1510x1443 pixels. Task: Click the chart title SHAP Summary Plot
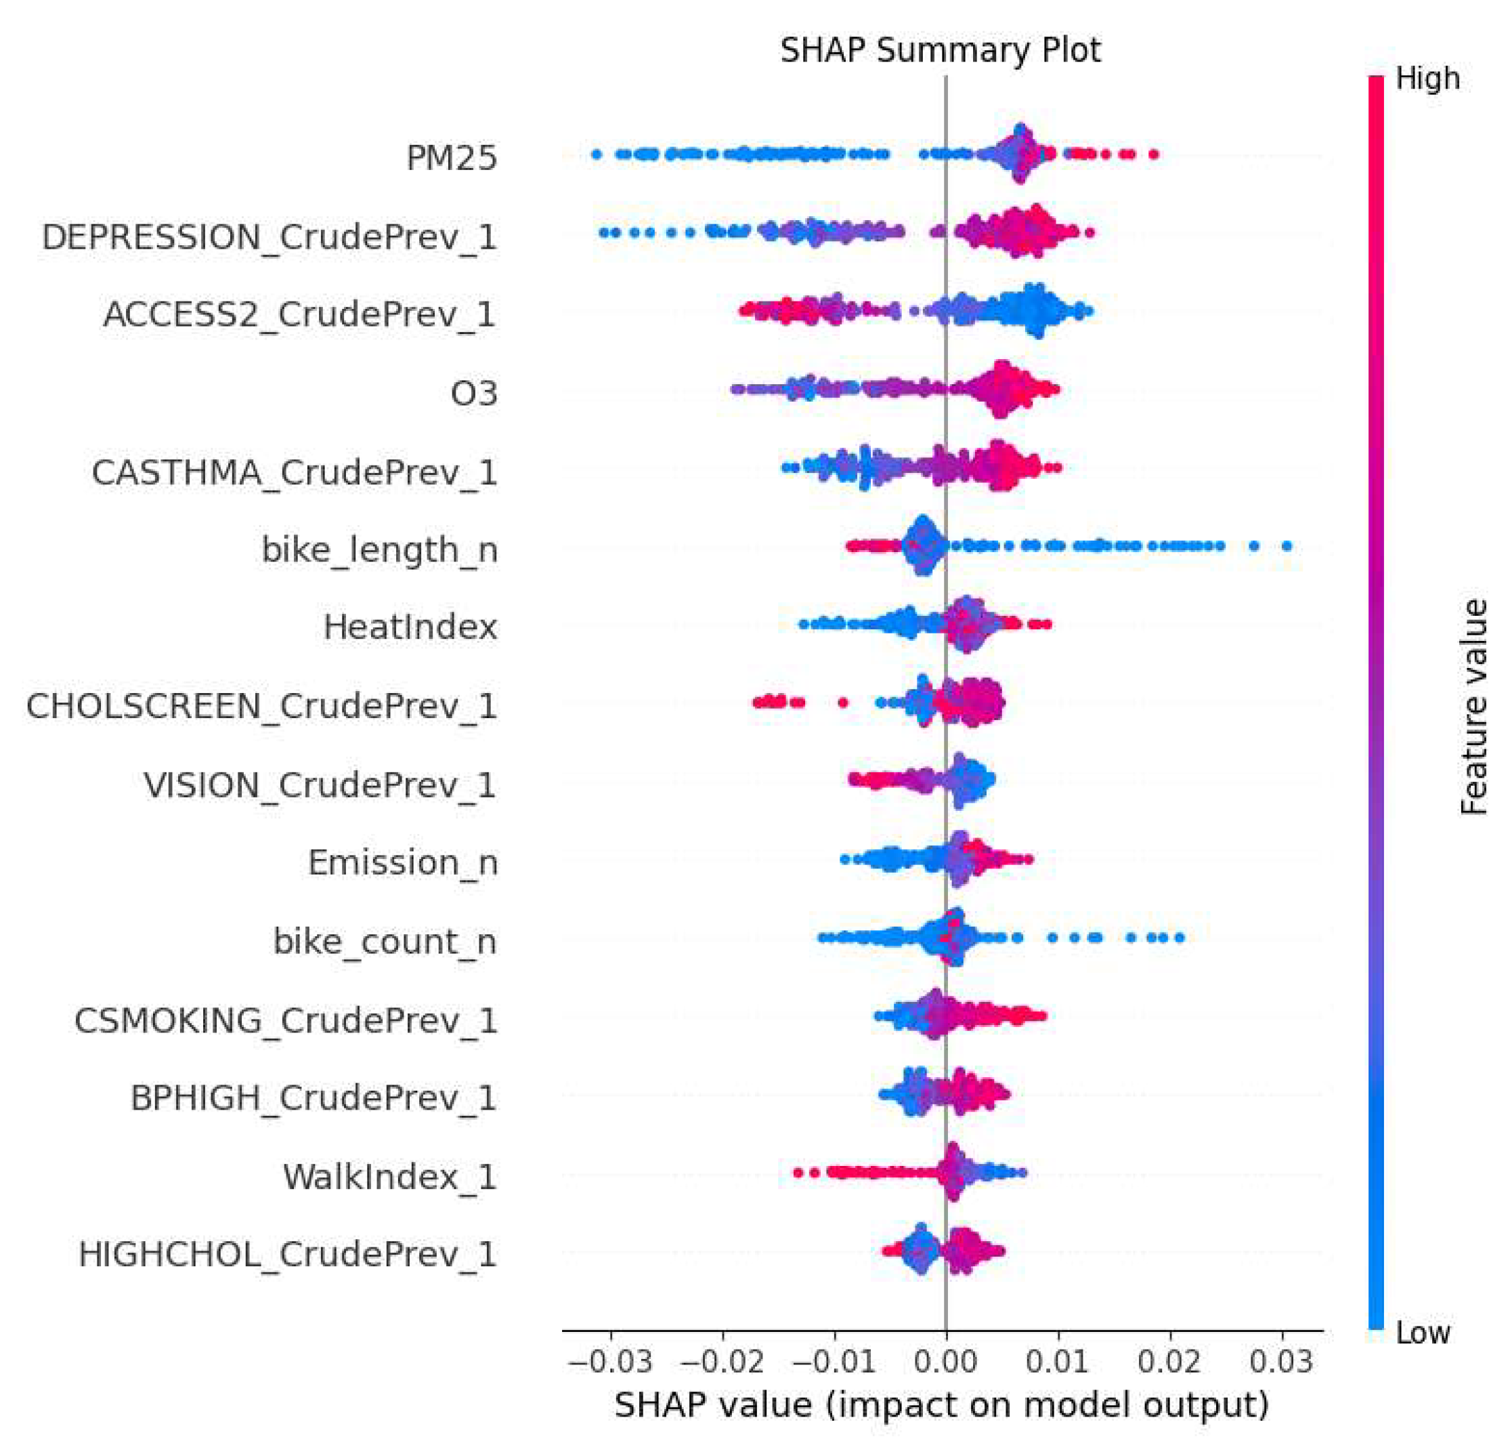pos(940,51)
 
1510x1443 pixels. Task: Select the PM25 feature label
pos(452,158)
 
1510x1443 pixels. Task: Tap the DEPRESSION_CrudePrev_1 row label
pos(269,237)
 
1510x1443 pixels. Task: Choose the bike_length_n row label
pos(380,550)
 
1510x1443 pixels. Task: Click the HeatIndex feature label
pos(410,627)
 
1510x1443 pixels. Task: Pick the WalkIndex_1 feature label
pos(390,1177)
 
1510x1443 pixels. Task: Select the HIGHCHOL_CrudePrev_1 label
pos(288,1255)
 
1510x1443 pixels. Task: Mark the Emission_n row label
pos(403,863)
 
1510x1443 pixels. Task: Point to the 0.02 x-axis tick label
pos(1169,1362)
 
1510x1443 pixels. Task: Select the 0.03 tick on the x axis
pos(1281,1362)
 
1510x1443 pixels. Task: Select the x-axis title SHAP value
pos(941,1404)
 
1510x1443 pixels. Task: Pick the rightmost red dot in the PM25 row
pos(1153,154)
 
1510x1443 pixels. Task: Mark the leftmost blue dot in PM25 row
pos(596,154)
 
